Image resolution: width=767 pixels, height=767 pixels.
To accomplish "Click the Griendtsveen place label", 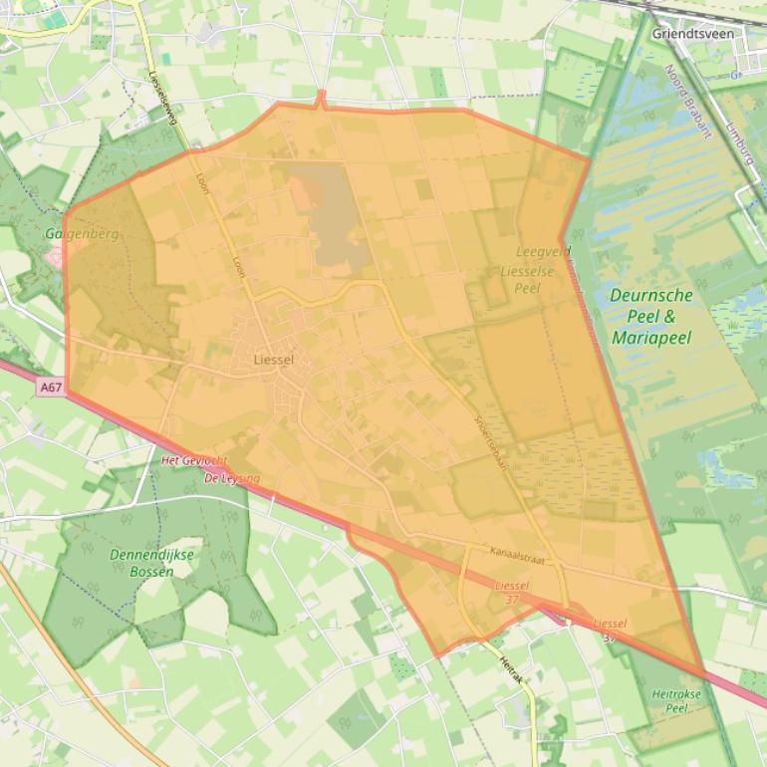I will click(x=692, y=34).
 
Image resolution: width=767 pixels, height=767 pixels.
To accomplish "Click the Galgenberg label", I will click(x=82, y=234).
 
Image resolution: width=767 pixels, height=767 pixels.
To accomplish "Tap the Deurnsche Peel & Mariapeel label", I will click(x=650, y=317).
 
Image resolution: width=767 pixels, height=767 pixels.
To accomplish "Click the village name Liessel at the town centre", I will click(x=274, y=359).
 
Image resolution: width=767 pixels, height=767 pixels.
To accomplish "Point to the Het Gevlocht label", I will click(x=194, y=461).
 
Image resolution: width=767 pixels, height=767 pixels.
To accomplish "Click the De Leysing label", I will click(x=232, y=478).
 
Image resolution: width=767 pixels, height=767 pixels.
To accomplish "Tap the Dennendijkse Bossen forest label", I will click(x=153, y=563).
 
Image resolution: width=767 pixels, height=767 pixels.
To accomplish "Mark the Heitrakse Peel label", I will click(x=676, y=700).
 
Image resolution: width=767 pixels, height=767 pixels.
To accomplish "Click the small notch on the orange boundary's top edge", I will click(x=321, y=98).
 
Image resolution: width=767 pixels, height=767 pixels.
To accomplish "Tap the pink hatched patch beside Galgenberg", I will click(x=54, y=257).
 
